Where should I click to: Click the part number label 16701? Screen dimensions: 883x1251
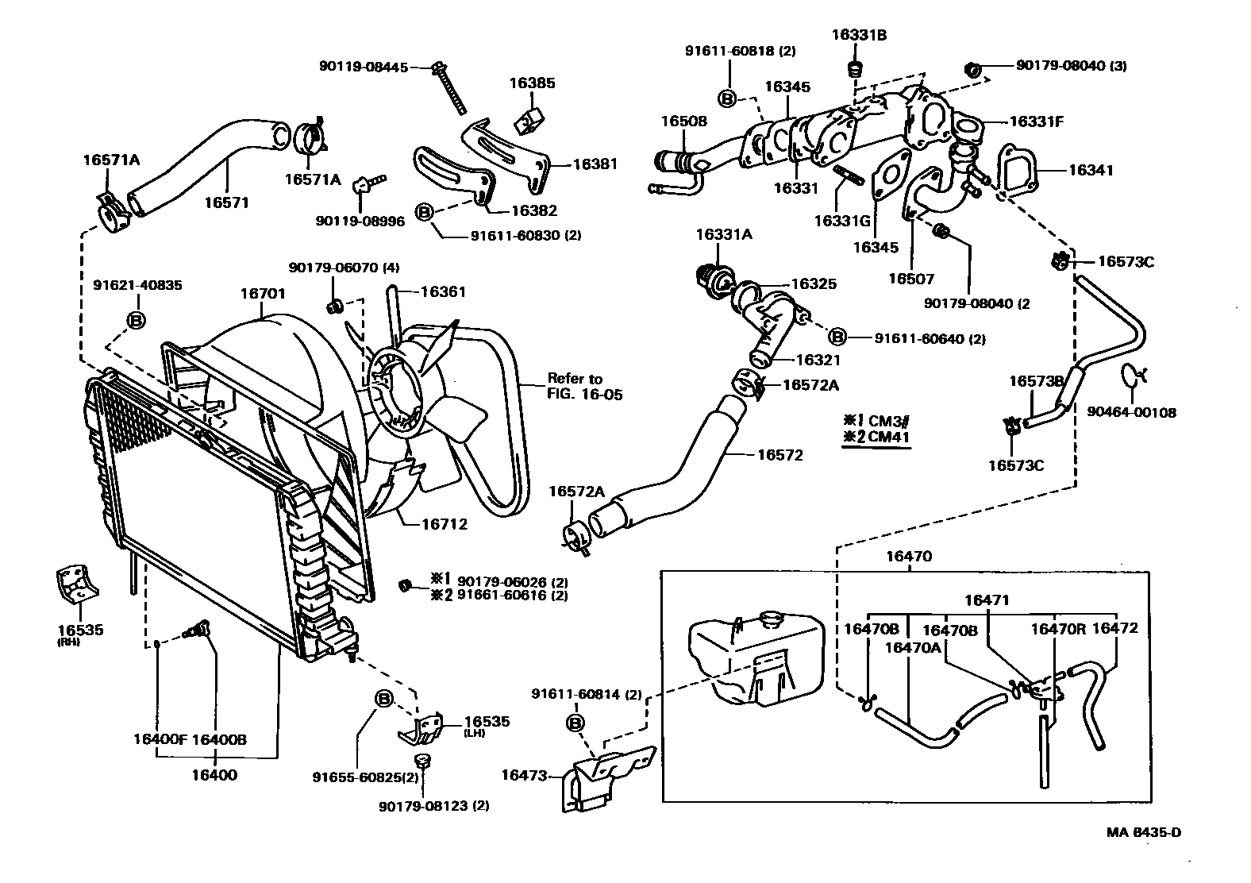click(x=263, y=293)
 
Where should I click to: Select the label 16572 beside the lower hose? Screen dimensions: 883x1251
click(x=779, y=455)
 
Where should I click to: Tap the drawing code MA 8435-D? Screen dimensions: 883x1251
click(x=1144, y=833)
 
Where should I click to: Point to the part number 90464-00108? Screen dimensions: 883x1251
click(x=1131, y=412)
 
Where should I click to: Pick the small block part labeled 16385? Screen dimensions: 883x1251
click(x=527, y=118)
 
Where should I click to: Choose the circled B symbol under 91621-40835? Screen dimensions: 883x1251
click(x=137, y=320)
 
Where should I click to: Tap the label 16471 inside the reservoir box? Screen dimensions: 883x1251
click(x=987, y=600)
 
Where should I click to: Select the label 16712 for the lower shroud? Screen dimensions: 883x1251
click(x=443, y=524)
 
